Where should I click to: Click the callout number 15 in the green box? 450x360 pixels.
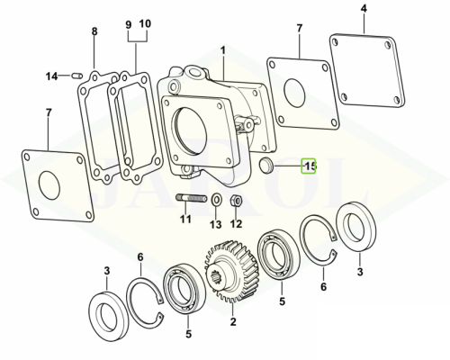[309, 166]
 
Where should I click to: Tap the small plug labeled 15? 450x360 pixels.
[266, 165]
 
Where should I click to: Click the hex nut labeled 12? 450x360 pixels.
[237, 200]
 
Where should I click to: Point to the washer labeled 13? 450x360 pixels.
[217, 199]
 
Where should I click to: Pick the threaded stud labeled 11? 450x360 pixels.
[192, 198]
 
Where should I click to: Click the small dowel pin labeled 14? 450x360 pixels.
[77, 76]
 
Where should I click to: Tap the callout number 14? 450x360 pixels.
[51, 76]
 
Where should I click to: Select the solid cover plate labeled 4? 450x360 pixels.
[367, 69]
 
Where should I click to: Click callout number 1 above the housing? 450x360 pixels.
[222, 50]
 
